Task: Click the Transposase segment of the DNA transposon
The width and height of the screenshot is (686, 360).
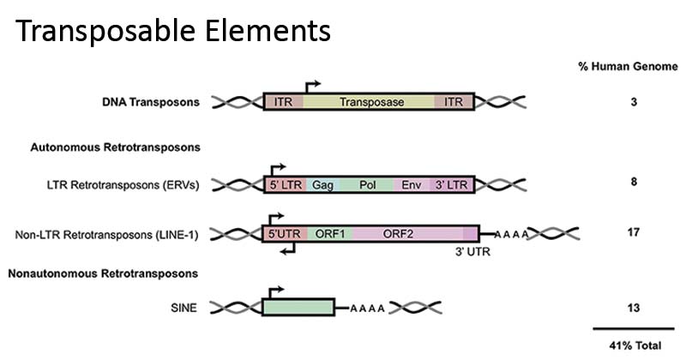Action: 370,102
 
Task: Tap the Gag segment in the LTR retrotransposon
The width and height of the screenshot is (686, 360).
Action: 323,184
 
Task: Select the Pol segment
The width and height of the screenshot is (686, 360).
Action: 367,184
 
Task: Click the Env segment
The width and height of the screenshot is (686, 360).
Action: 412,184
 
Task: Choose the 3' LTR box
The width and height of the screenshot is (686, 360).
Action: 451,184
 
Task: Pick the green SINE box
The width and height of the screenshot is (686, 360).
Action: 298,308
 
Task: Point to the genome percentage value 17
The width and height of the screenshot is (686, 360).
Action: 634,231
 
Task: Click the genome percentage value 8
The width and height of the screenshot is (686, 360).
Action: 634,182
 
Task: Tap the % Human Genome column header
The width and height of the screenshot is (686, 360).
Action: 628,67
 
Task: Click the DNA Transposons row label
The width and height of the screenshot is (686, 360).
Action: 150,102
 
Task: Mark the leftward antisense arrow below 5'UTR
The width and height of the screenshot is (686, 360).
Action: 290,249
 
